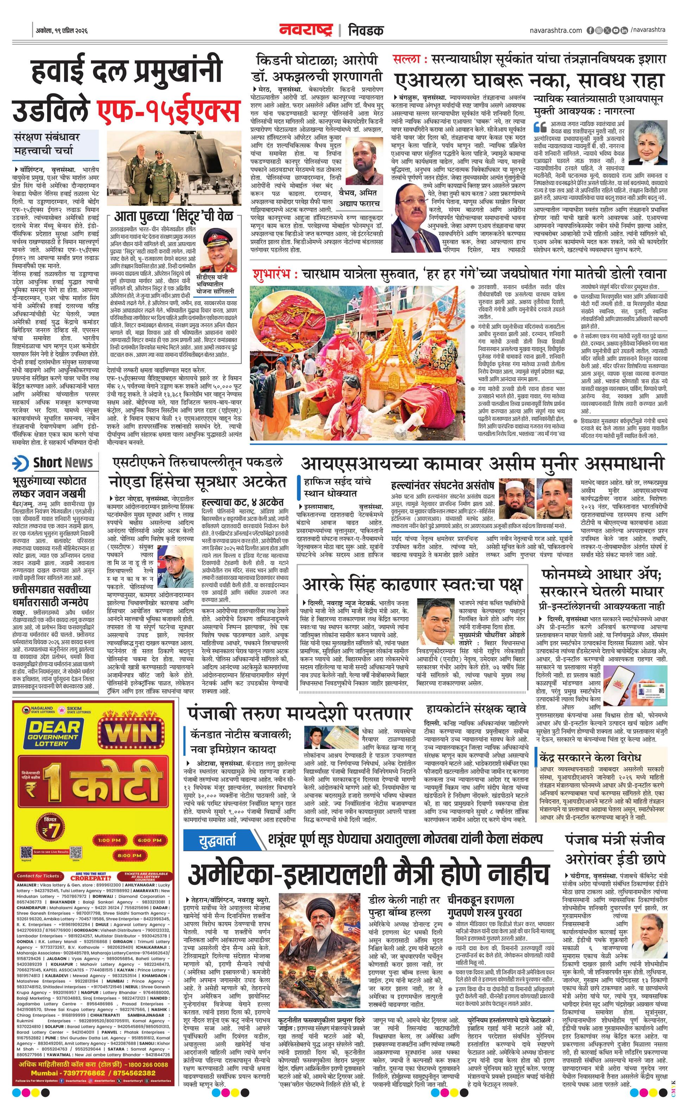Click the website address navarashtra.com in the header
pyautogui.click(x=555, y=30)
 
